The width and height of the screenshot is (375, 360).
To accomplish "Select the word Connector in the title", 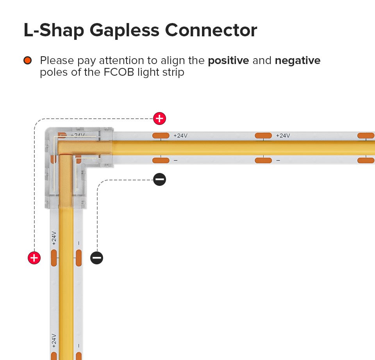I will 211,30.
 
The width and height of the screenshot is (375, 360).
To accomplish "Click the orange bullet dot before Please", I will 27,61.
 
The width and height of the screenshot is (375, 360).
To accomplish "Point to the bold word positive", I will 229,61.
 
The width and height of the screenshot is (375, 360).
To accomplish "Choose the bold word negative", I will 298,61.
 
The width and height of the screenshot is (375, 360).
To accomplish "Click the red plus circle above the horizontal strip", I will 159,118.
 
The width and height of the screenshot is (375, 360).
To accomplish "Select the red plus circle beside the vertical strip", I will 34,258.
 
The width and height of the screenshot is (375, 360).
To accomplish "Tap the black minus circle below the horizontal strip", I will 159,180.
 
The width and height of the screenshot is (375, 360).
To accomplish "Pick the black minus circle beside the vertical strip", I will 96,258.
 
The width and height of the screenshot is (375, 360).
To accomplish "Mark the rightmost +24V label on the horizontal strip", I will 283,135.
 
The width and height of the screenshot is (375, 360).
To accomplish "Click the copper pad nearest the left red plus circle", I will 54,258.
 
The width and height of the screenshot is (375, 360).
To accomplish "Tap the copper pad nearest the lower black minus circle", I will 79,258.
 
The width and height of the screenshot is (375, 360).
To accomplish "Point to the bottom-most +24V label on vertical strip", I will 54,341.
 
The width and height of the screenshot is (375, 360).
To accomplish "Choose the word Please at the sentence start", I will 57,61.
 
